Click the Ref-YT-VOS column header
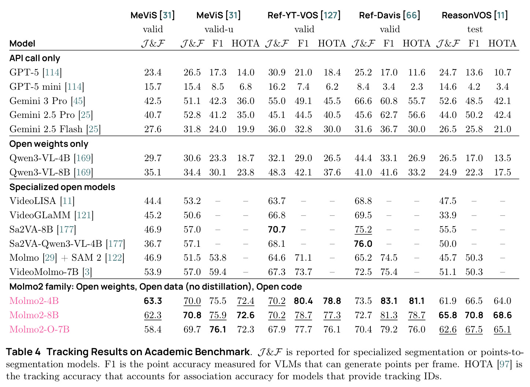[304, 15]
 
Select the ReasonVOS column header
[475, 15]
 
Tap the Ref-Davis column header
[389, 15]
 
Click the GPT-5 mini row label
[46, 87]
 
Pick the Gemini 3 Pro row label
[47, 101]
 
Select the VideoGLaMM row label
[51, 215]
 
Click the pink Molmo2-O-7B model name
[39, 329]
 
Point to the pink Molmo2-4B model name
[34, 301]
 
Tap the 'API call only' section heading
[34, 58]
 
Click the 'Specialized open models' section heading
[62, 187]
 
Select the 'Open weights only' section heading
[49, 144]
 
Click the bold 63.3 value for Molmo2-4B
[153, 301]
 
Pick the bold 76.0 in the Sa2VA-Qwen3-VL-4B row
[363, 244]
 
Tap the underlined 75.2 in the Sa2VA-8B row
[363, 230]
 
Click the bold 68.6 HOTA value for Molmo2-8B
[502, 315]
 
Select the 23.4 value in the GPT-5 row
[153, 72]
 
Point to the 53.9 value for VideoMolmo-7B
[153, 272]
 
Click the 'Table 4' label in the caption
[23, 352]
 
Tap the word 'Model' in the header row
[22, 44]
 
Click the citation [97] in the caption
[505, 364]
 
